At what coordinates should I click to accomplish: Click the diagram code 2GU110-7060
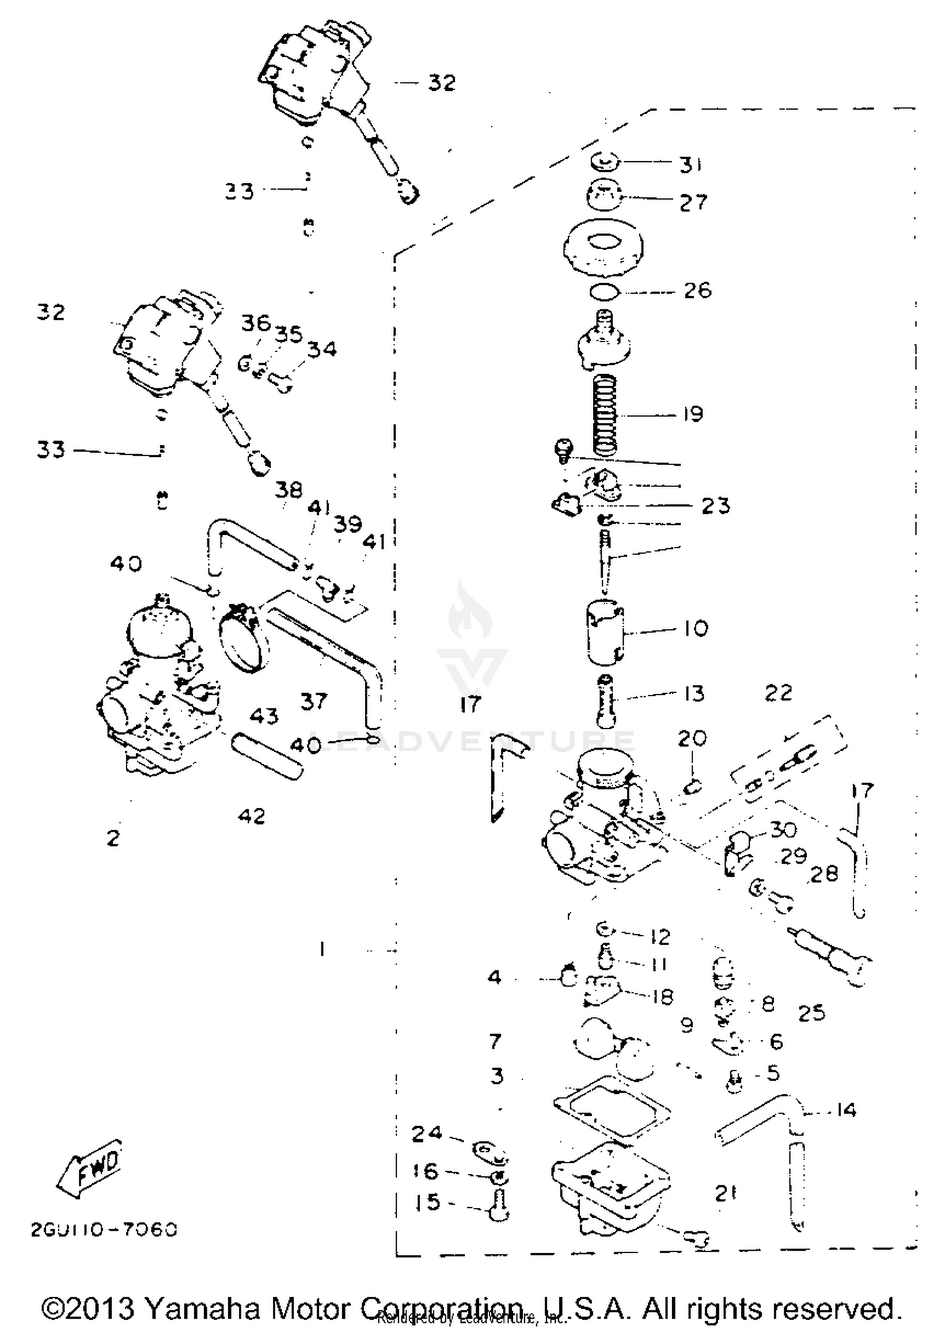coord(105,1230)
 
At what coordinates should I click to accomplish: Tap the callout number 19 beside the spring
coord(692,414)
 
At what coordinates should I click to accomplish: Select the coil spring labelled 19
coord(605,414)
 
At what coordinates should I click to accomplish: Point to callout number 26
coord(697,290)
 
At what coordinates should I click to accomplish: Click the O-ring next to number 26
coord(605,292)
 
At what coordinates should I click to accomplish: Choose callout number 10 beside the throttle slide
coord(696,628)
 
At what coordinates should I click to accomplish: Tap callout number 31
coord(691,164)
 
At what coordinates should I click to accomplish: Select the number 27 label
coord(693,202)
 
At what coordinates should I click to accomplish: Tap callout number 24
coord(427,1134)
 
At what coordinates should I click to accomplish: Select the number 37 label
coord(314,701)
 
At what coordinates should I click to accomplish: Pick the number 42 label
coord(251,816)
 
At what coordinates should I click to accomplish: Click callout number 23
coord(716,505)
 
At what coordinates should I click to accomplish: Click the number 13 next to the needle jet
coord(694,693)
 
